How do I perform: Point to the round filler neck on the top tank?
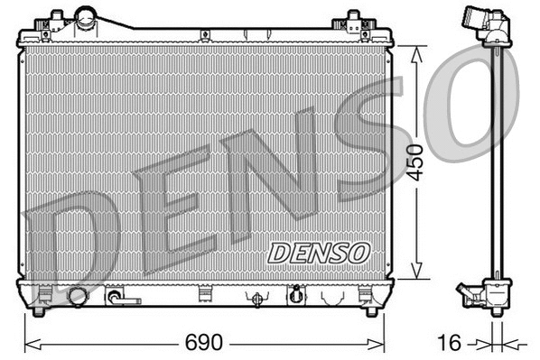tap(87, 15)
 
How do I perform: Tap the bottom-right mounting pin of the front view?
tap(370, 312)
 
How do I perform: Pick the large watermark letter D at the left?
tap(72, 239)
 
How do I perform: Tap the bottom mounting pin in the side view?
tap(495, 313)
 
